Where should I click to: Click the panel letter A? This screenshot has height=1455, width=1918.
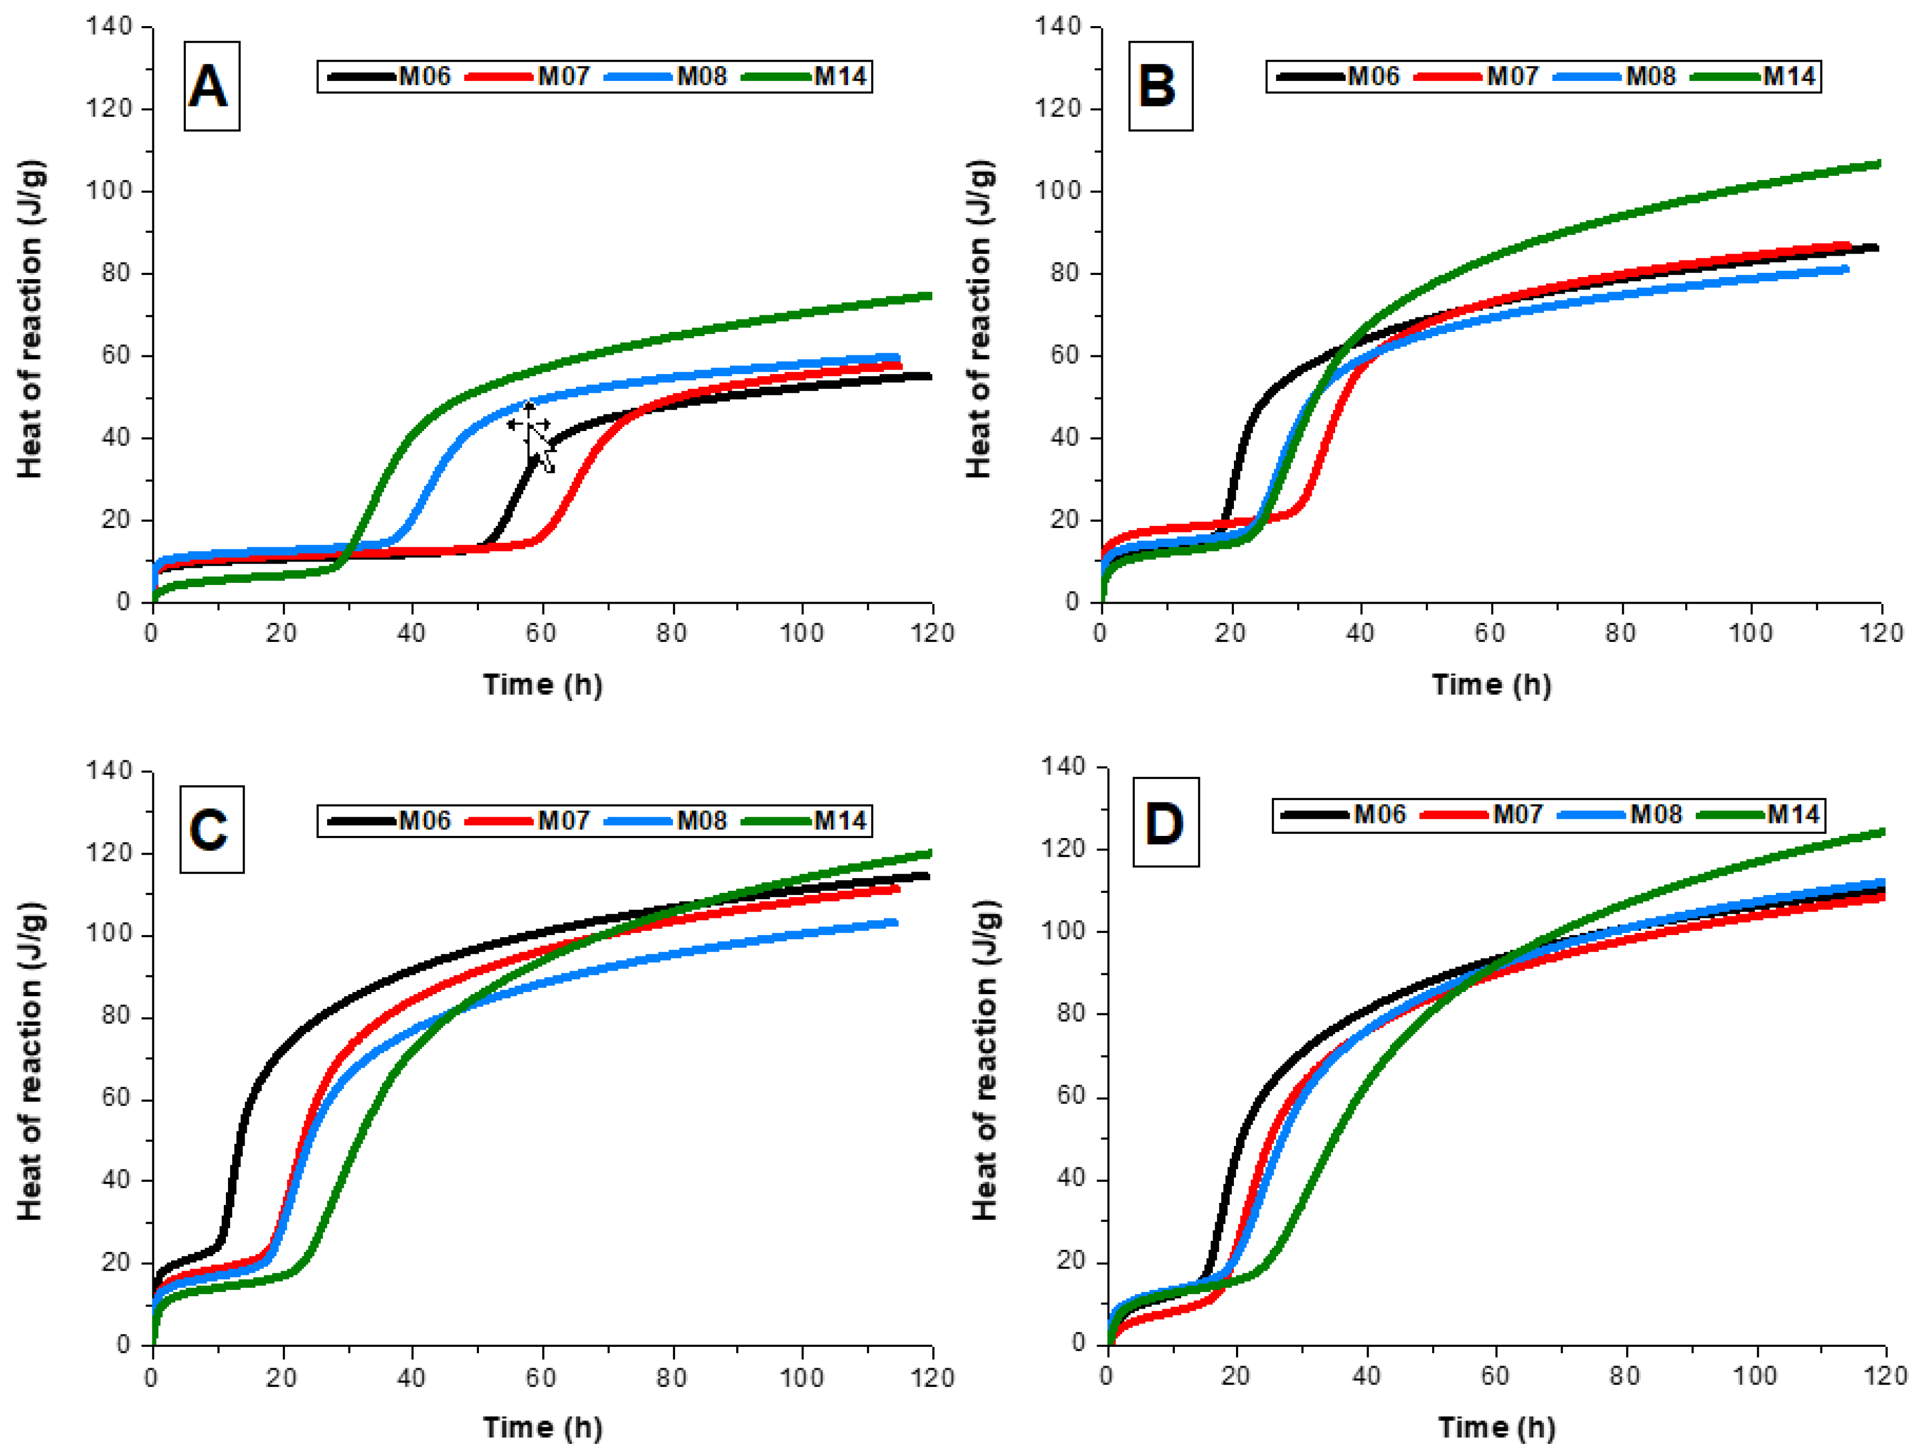pyautogui.click(x=209, y=87)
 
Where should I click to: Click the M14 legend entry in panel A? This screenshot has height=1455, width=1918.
pyautogui.click(x=806, y=76)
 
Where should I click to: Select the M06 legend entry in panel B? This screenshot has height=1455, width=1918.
pyautogui.click(x=1338, y=76)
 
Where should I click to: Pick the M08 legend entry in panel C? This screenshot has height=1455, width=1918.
pyautogui.click(x=666, y=820)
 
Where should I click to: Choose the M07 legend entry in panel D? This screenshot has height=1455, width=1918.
pyautogui.click(x=1483, y=814)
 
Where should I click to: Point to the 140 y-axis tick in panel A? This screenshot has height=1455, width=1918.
pyautogui.click(x=109, y=27)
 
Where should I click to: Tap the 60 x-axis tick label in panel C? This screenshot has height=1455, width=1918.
pyautogui.click(x=541, y=1377)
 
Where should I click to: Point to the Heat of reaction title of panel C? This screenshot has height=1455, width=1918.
pyautogui.click(x=29, y=1061)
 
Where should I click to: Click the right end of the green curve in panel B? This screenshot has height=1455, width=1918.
pyautogui.click(x=1880, y=163)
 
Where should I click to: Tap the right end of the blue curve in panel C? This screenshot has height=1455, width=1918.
pyautogui.click(x=897, y=923)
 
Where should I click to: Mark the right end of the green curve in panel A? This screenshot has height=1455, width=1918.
pyautogui.click(x=930, y=296)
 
